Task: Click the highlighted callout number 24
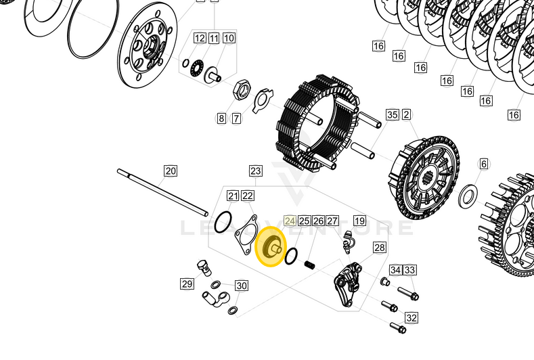(x=290, y=221)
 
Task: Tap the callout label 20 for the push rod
(x=170, y=171)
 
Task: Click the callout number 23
(x=255, y=171)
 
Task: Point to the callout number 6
(x=483, y=164)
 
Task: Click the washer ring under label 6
(x=467, y=197)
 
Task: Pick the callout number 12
(x=199, y=38)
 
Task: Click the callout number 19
(x=359, y=221)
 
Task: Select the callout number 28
(x=379, y=248)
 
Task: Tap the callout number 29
(x=187, y=284)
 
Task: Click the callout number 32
(x=411, y=317)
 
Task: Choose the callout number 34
(x=396, y=270)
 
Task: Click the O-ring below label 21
(x=223, y=221)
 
